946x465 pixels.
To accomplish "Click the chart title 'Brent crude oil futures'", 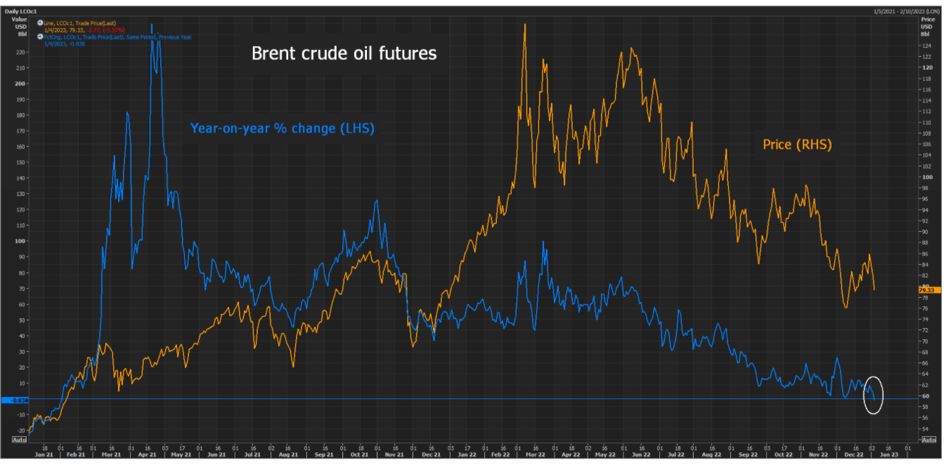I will coord(344,53).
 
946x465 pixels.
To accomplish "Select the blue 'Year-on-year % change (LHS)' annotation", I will coord(283,129).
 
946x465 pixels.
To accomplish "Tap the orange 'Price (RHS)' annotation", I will coord(797,145).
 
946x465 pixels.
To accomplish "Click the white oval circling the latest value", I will coord(872,395).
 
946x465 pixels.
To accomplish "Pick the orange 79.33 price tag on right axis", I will coord(926,289).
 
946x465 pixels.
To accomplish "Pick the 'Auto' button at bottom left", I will coord(18,440).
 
